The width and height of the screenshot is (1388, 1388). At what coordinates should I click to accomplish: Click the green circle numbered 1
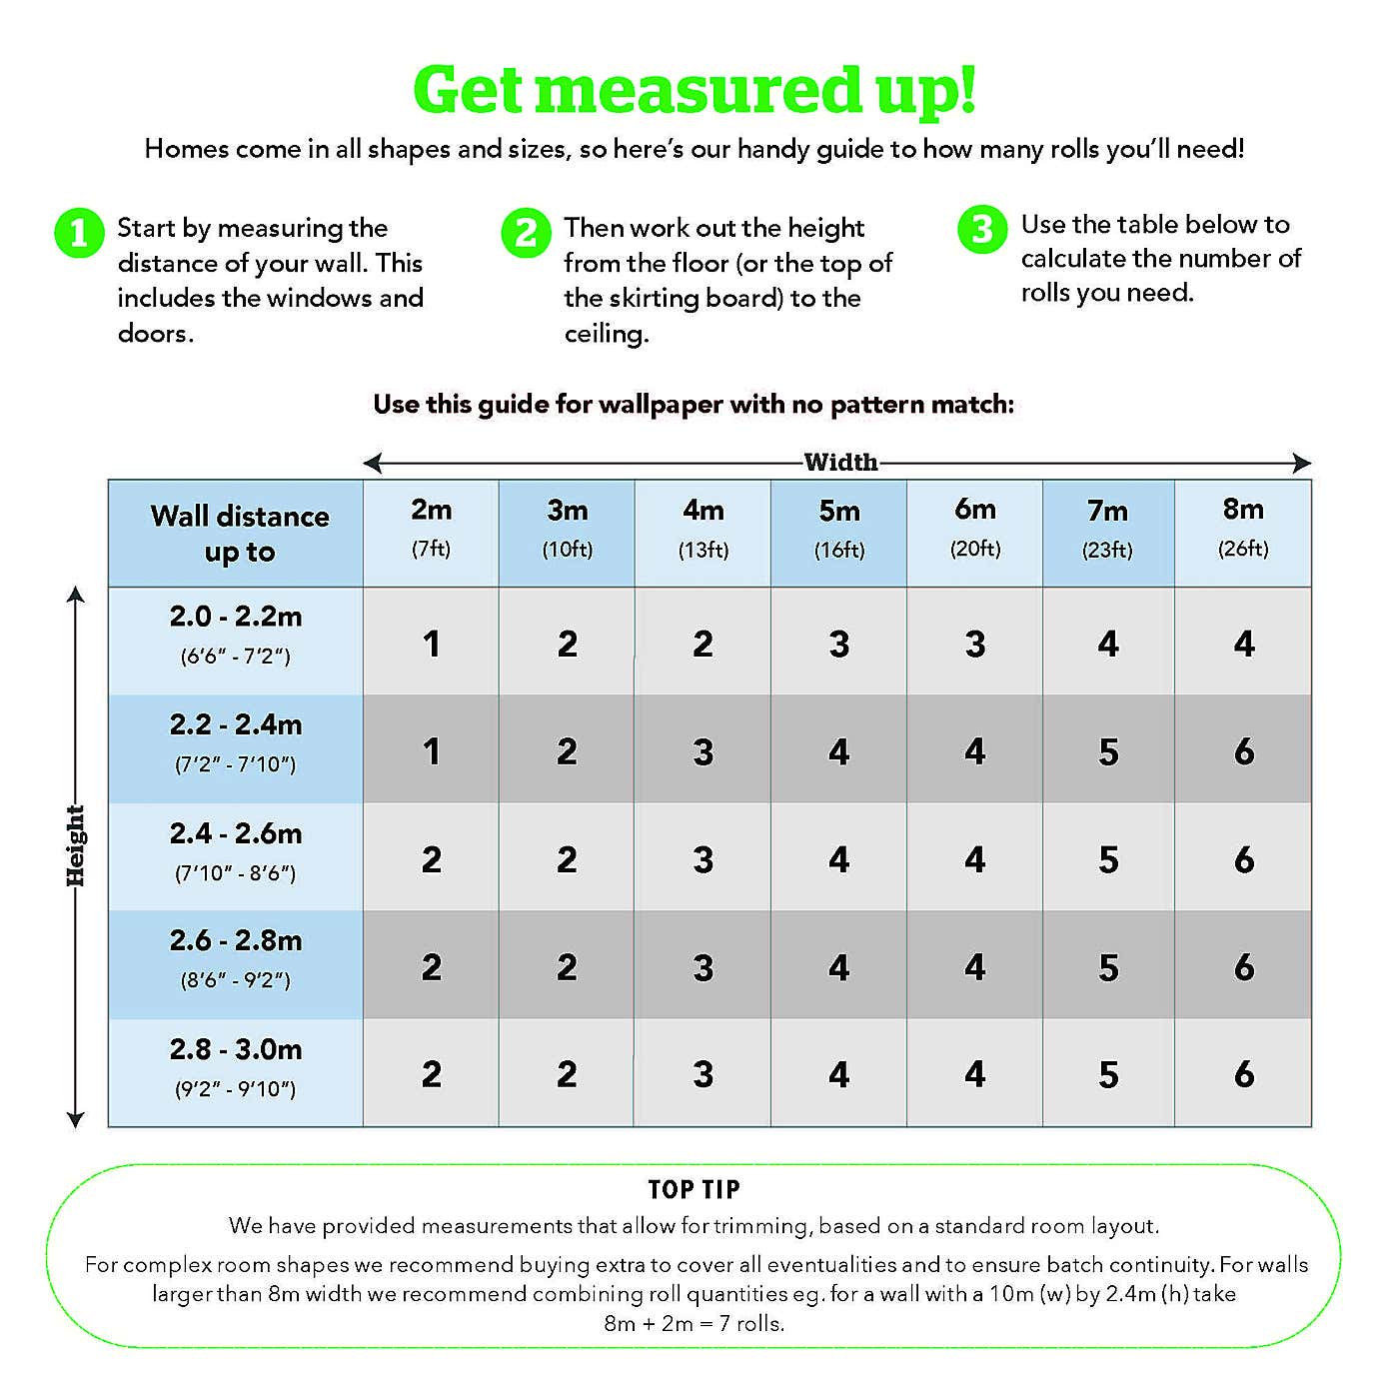(x=79, y=233)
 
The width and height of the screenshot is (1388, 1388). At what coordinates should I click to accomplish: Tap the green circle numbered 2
(x=526, y=233)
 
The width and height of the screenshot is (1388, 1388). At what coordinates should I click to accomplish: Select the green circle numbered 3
(x=982, y=229)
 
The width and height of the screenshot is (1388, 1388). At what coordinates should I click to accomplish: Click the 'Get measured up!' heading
(x=694, y=90)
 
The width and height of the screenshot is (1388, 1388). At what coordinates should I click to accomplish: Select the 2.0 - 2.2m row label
(x=236, y=635)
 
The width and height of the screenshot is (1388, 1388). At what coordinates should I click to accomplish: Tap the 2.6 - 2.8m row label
(x=236, y=958)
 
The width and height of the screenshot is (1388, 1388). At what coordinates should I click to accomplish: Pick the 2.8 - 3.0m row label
(x=236, y=1067)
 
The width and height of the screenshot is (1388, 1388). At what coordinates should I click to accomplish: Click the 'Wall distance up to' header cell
(x=240, y=534)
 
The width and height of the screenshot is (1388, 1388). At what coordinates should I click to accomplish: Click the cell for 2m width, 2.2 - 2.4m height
(x=431, y=751)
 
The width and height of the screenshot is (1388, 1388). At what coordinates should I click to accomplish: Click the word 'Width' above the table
(x=840, y=462)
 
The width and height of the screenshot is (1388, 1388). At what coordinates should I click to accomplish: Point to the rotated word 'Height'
(x=75, y=845)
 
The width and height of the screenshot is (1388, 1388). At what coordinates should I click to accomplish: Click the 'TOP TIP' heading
(x=694, y=1189)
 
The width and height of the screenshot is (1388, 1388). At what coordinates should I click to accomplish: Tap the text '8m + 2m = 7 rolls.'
(x=694, y=1324)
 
